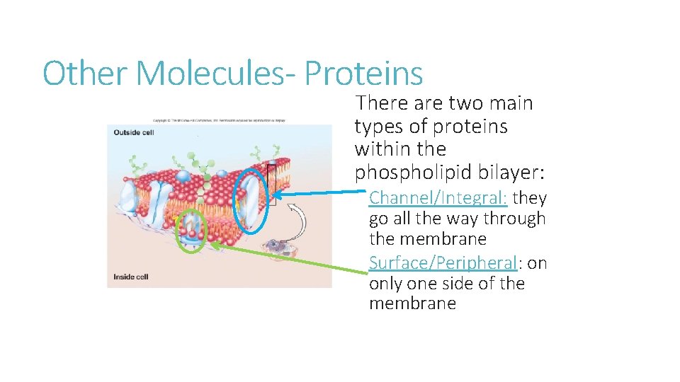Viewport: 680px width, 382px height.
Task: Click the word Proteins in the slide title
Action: [x=364, y=74]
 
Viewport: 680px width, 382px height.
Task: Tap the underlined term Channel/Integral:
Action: [x=438, y=197]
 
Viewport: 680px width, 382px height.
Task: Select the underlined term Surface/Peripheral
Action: [x=444, y=262]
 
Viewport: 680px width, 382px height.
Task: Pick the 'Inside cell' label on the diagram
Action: [x=129, y=276]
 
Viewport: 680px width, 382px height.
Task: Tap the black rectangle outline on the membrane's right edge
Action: [x=272, y=184]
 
